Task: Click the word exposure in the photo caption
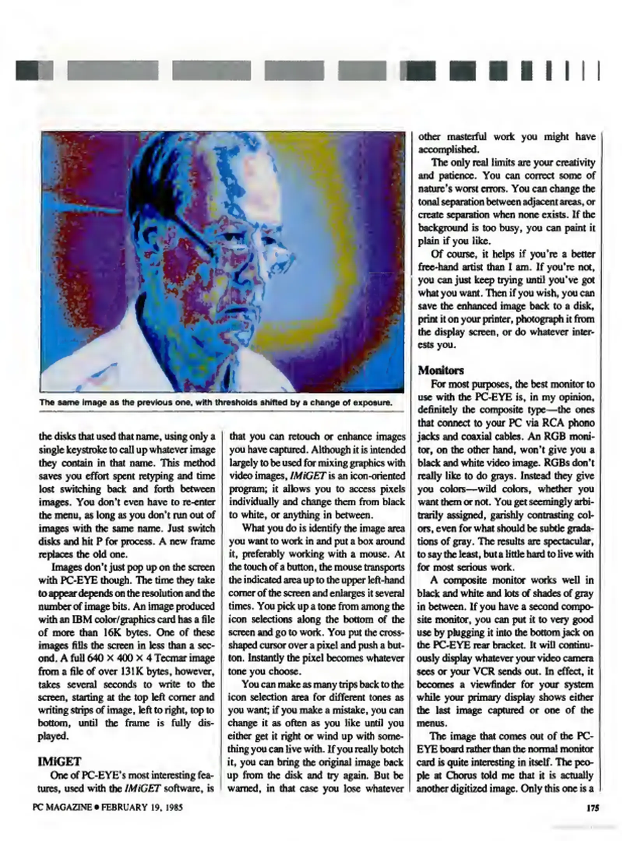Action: pos(372,402)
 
